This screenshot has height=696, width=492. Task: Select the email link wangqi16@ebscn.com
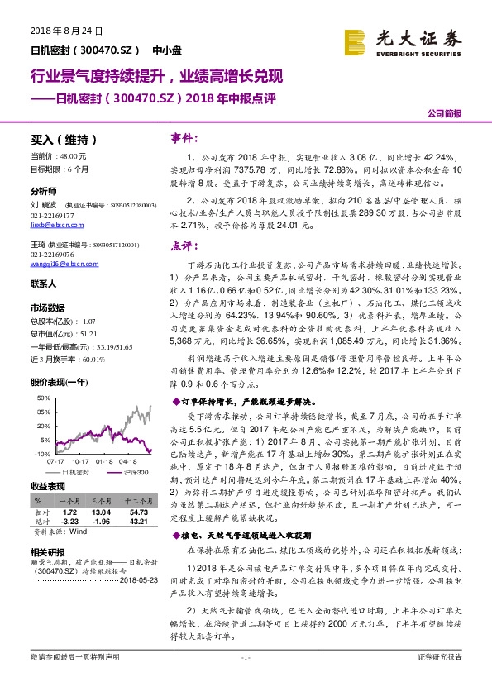pos(56,265)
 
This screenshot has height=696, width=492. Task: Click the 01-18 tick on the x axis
pos(104,460)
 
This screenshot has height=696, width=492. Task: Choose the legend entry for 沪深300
pos(131,471)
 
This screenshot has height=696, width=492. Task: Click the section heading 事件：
pos(183,137)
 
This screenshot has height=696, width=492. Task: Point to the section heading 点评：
pos(183,246)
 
